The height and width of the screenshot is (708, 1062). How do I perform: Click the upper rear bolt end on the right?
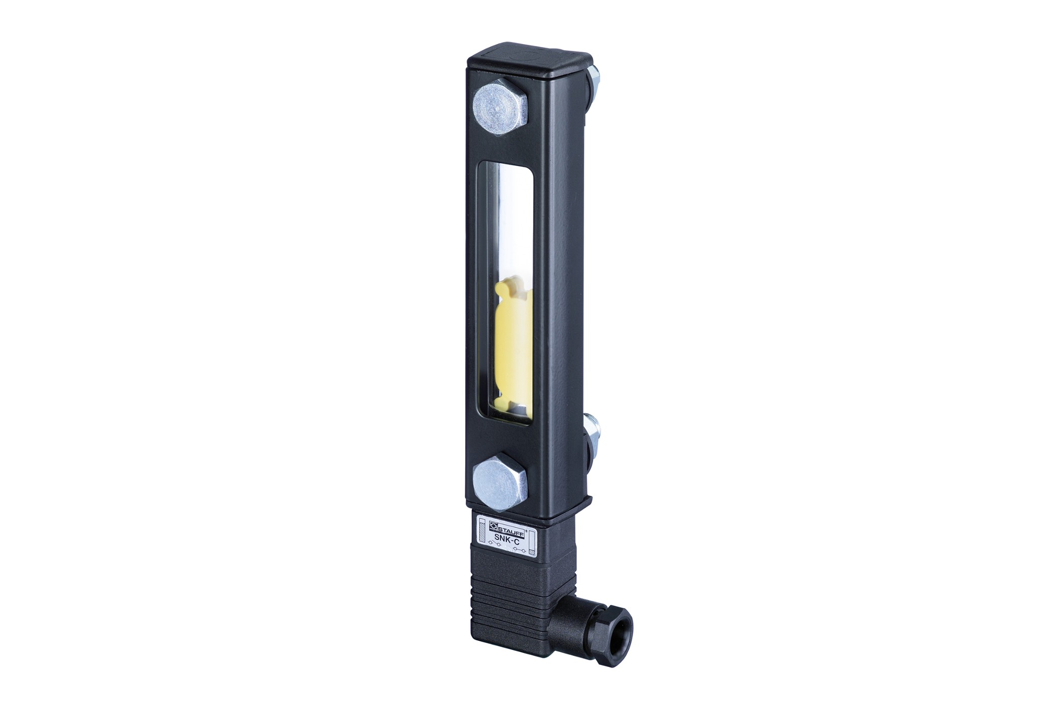tap(594, 81)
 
